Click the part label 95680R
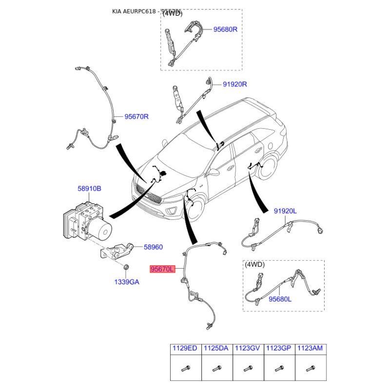[225, 29]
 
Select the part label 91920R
[235, 84]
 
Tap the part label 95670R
[136, 117]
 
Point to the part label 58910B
[89, 188]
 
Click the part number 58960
[153, 247]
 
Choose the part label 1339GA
[127, 281]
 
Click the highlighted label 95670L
[161, 269]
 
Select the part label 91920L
[285, 211]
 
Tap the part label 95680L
[280, 299]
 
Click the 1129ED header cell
[186, 348]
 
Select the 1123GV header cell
[248, 348]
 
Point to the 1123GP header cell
[279, 348]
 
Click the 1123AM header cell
[311, 348]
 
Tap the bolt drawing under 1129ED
[186, 368]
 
